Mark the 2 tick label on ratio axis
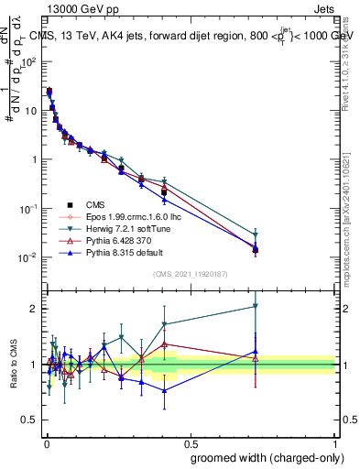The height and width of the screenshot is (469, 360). point(34,309)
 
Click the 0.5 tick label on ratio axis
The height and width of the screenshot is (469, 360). point(31,421)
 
